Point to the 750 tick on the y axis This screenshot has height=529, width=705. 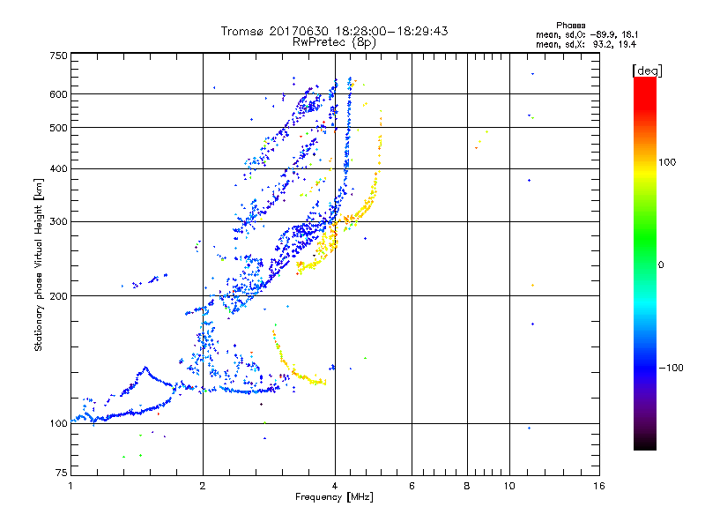pos(59,55)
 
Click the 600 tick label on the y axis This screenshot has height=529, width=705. pos(59,93)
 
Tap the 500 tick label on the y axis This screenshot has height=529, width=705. pos(59,128)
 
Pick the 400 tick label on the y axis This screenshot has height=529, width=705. pos(59,168)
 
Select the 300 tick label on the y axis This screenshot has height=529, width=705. pos(59,221)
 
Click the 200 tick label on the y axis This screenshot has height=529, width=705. pos(59,295)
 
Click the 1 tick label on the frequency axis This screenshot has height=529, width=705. pos(70,486)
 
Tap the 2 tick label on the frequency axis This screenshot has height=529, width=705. pos(203,486)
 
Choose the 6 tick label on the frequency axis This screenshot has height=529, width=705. pos(412,486)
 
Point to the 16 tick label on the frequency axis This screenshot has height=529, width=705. pos(599,486)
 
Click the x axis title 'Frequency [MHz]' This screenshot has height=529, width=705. pos(334,497)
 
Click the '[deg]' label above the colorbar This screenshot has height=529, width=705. pos(648,70)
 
